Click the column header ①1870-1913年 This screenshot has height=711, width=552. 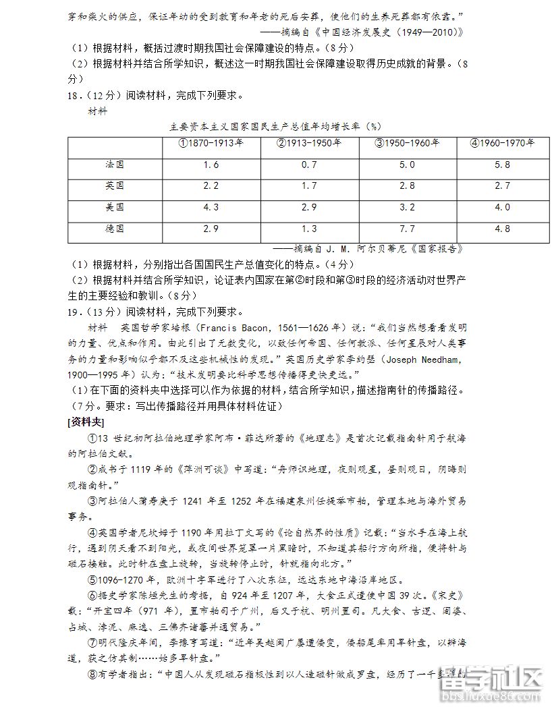pyautogui.click(x=211, y=143)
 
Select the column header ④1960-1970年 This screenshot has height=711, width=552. pyautogui.click(x=502, y=143)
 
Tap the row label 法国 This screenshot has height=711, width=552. pyautogui.click(x=115, y=165)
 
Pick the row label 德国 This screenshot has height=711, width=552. pyautogui.click(x=115, y=229)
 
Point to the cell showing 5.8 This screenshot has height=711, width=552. pyautogui.click(x=502, y=165)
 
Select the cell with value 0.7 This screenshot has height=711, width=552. pyautogui.click(x=309, y=165)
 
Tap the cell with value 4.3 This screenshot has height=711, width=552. pyautogui.click(x=211, y=207)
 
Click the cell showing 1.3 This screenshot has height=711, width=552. pyautogui.click(x=309, y=229)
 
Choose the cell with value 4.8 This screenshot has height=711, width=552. pyautogui.click(x=502, y=229)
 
